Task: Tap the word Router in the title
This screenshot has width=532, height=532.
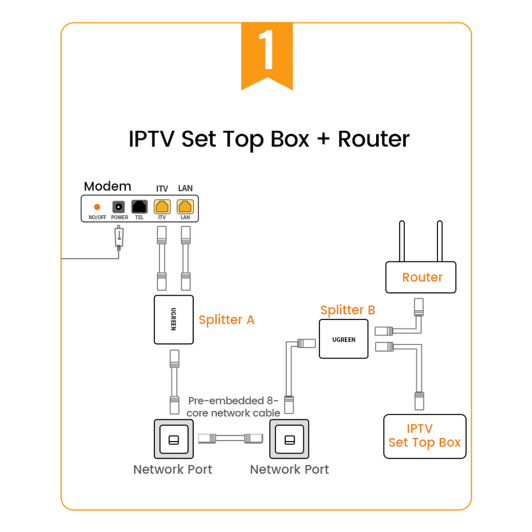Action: point(374,139)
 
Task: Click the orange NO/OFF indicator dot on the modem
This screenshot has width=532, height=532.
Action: point(97,207)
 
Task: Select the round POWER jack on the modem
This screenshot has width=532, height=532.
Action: point(119,207)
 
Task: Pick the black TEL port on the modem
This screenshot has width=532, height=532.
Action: point(139,207)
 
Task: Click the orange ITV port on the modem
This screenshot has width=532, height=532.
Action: point(162,207)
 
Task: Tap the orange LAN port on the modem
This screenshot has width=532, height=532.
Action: point(185,207)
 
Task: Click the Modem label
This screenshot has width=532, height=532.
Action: point(108,187)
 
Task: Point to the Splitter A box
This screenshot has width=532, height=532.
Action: point(174,320)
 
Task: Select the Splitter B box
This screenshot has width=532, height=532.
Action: point(343,339)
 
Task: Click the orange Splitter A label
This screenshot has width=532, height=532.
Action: point(227,320)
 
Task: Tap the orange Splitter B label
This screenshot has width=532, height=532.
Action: point(348,310)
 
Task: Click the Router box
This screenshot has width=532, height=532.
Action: point(421,277)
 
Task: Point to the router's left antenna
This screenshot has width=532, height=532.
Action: point(402,242)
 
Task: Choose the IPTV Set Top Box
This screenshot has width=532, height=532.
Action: point(424,436)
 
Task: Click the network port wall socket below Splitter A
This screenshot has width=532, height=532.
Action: point(174,440)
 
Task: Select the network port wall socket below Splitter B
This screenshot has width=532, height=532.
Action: point(289,440)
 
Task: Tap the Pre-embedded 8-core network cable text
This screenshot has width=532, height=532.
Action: point(234,407)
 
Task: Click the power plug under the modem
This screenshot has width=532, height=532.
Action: point(119,237)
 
